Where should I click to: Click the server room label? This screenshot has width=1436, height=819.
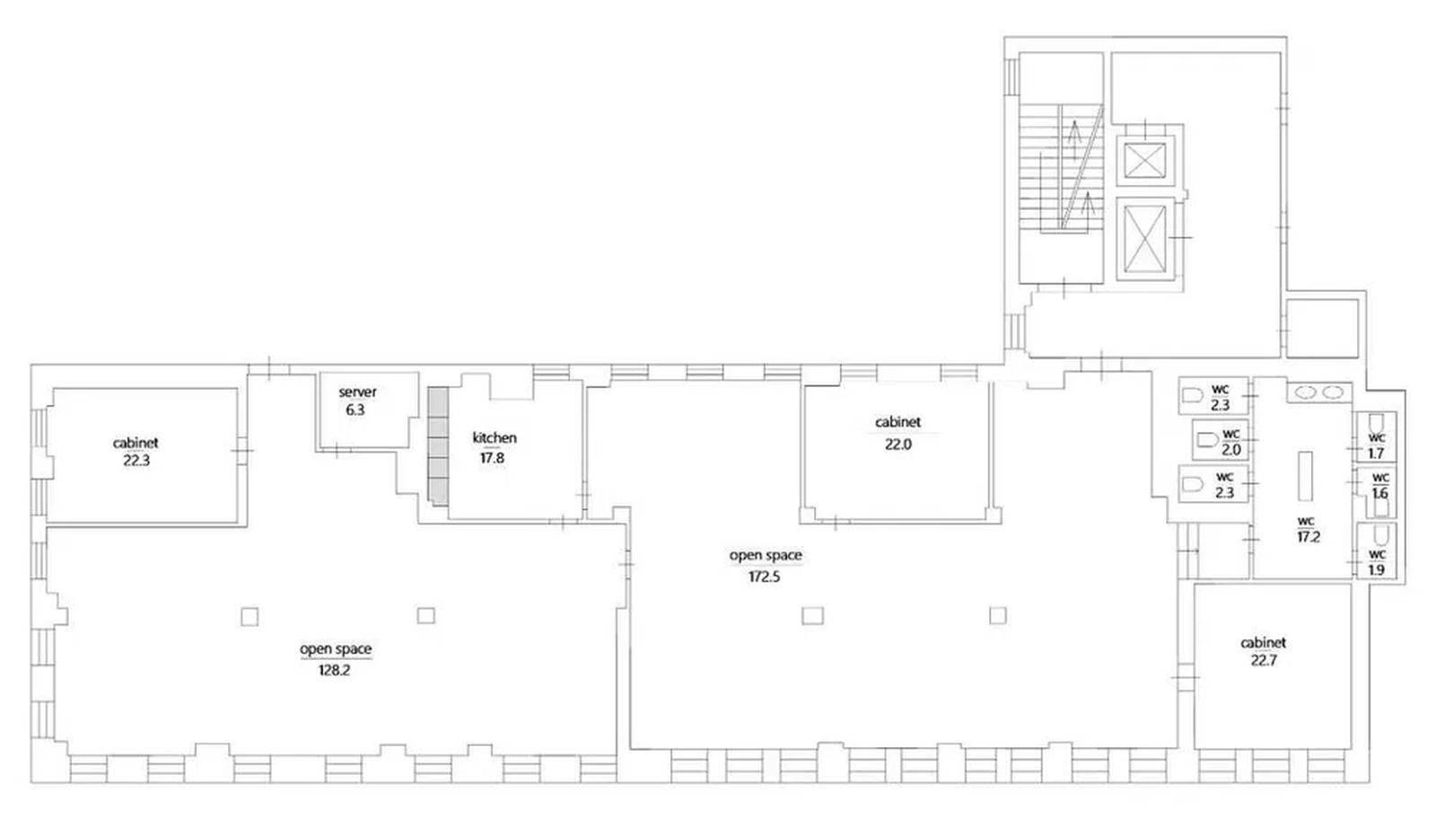(x=358, y=392)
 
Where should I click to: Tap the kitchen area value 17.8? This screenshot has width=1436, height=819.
(x=493, y=458)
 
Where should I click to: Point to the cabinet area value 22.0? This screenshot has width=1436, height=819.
(x=898, y=444)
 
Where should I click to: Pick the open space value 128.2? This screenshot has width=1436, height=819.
(x=335, y=670)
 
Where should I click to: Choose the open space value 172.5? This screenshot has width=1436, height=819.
(x=764, y=577)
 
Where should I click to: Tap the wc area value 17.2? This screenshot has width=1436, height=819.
(x=1309, y=537)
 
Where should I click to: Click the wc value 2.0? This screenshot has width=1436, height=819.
(x=1231, y=450)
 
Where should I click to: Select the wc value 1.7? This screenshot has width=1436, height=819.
(x=1377, y=454)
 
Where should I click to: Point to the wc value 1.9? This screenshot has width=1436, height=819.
(x=1377, y=570)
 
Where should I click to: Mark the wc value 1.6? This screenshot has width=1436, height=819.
(x=1380, y=493)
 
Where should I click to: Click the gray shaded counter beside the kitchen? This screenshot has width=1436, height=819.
(x=439, y=447)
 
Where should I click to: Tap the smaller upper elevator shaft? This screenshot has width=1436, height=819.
(x=1145, y=161)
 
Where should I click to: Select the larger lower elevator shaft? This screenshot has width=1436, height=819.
(x=1145, y=239)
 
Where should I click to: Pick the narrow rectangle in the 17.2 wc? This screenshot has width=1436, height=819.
(x=1305, y=476)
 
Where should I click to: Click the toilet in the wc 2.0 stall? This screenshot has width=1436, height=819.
(x=1207, y=441)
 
